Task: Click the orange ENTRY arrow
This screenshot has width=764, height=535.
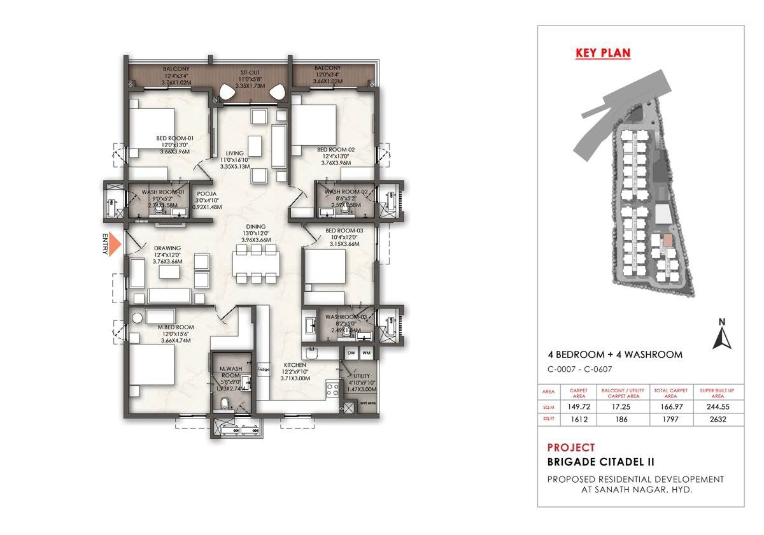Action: pos(114,245)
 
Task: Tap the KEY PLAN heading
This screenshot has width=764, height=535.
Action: pos(602,53)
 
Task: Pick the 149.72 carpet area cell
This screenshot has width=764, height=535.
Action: pos(577,407)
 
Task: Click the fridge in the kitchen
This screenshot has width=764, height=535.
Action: pos(263,369)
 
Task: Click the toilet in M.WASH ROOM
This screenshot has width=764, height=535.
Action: pos(225,403)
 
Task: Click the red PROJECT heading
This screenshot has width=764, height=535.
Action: pos(571,447)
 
